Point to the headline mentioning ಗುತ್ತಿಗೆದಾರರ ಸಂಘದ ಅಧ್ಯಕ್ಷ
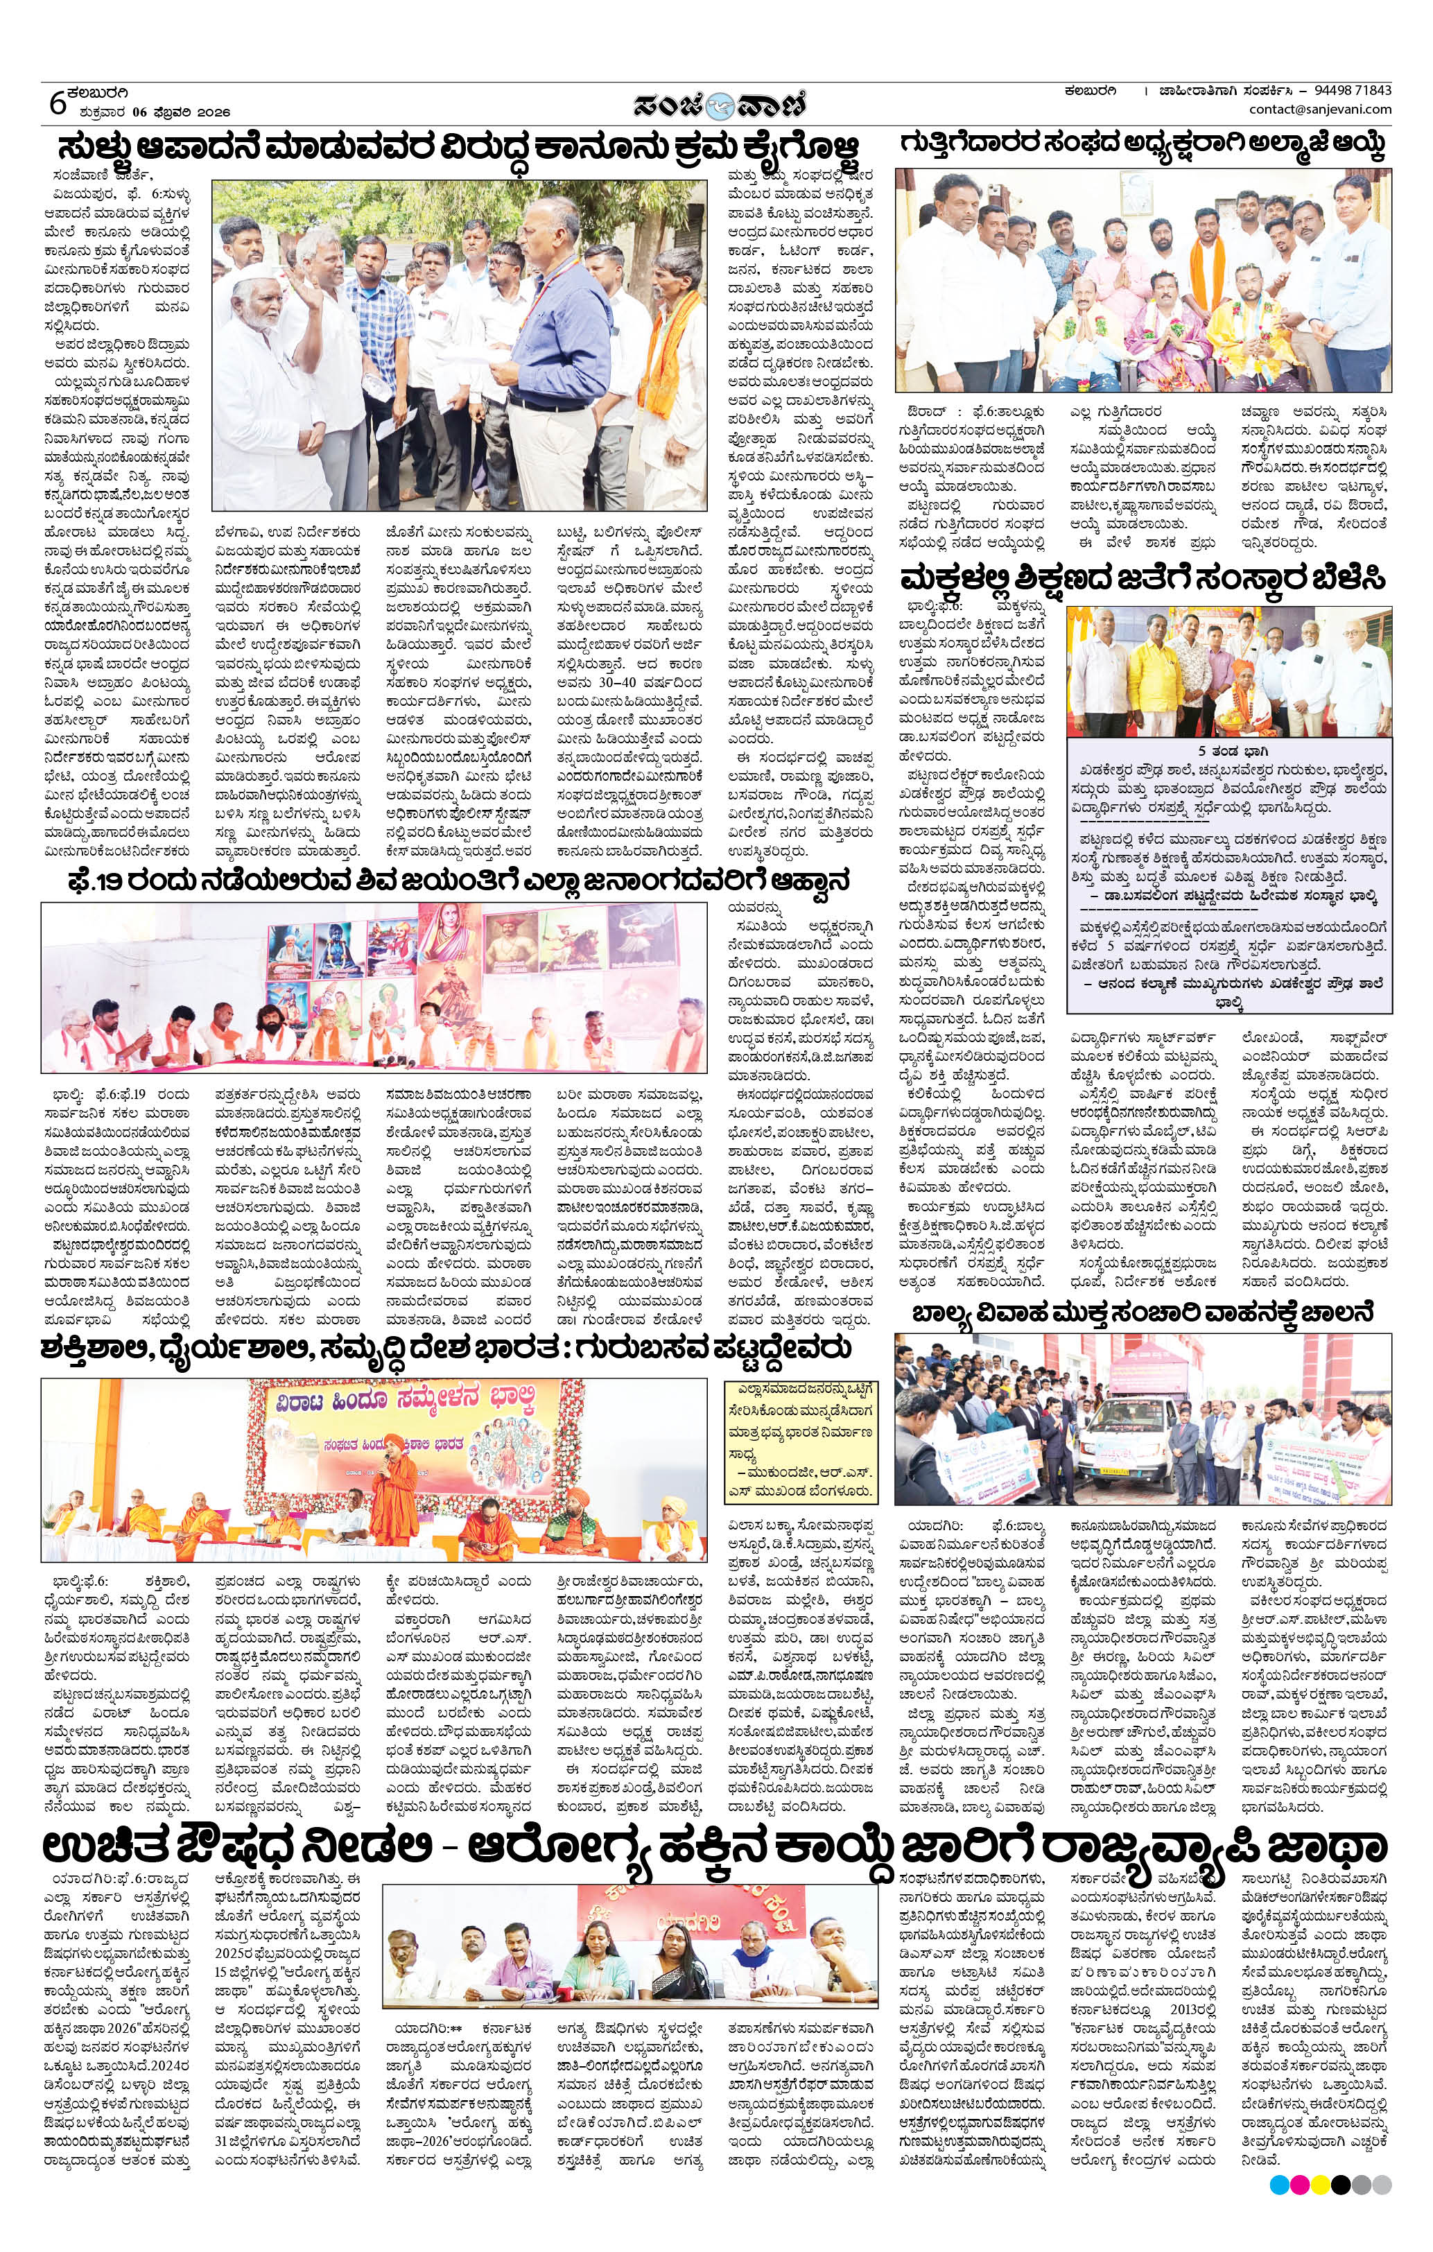1142,145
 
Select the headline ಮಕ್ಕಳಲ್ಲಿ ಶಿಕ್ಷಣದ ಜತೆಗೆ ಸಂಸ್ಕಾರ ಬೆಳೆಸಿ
1142,577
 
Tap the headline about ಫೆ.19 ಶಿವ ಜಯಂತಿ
458,882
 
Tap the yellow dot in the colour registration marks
1320,2185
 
